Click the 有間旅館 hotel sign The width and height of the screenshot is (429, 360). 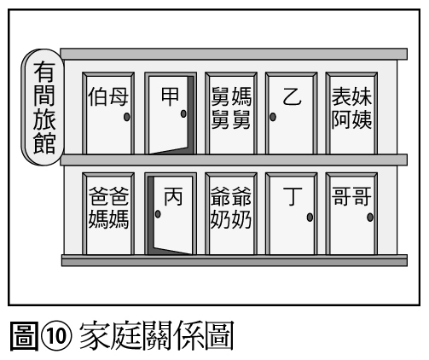click(x=43, y=107)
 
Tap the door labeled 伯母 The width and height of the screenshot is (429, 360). click(x=108, y=113)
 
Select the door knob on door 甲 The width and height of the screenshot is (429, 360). click(x=183, y=113)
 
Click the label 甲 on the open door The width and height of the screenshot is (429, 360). click(x=170, y=96)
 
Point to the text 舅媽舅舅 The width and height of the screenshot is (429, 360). click(x=231, y=108)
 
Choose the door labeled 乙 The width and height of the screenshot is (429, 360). click(x=291, y=113)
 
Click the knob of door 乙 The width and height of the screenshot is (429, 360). click(x=273, y=117)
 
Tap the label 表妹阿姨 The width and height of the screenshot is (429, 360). click(x=351, y=108)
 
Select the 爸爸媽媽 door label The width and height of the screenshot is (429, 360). click(x=108, y=207)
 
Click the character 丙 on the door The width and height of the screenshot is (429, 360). click(x=173, y=196)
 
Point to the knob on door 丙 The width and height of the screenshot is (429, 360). click(x=158, y=214)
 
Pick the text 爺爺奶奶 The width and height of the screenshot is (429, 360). click(x=231, y=207)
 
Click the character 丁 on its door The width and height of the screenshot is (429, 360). click(x=293, y=196)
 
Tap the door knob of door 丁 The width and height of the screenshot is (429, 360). click(x=310, y=218)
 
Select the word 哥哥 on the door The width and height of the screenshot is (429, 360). click(x=351, y=196)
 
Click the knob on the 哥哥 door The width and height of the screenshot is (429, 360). click(x=370, y=218)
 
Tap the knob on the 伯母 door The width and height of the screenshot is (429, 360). click(x=127, y=117)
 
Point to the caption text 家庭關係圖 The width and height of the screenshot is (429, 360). click(x=157, y=335)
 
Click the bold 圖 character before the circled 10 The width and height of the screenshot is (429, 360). click(x=24, y=336)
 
